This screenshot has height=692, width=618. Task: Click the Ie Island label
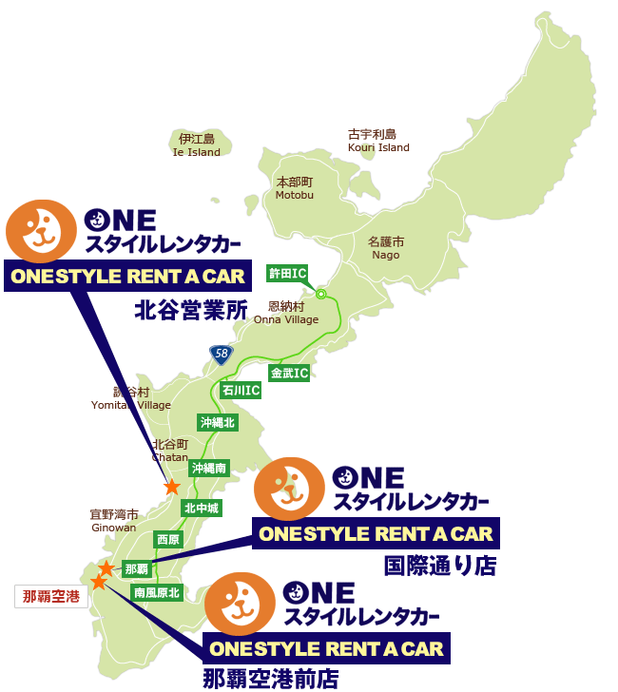(x=197, y=145)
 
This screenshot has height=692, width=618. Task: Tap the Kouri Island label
(x=378, y=141)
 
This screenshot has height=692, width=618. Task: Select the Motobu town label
(x=295, y=187)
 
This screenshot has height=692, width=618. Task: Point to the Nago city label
(x=386, y=248)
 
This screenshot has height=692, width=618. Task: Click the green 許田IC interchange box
(x=287, y=274)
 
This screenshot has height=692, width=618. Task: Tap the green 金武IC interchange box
(x=289, y=373)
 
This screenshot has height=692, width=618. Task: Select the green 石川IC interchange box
(x=241, y=390)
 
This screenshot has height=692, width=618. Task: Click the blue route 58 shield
(x=221, y=355)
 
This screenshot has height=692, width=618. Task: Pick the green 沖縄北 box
(x=217, y=422)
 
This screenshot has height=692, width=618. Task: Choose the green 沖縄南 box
(x=208, y=468)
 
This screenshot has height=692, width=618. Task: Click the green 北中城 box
(x=202, y=509)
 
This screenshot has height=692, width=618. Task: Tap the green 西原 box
(x=168, y=539)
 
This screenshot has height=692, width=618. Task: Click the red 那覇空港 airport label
(x=49, y=597)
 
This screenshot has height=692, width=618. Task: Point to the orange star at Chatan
(x=172, y=487)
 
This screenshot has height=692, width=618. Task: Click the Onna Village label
(x=286, y=314)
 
